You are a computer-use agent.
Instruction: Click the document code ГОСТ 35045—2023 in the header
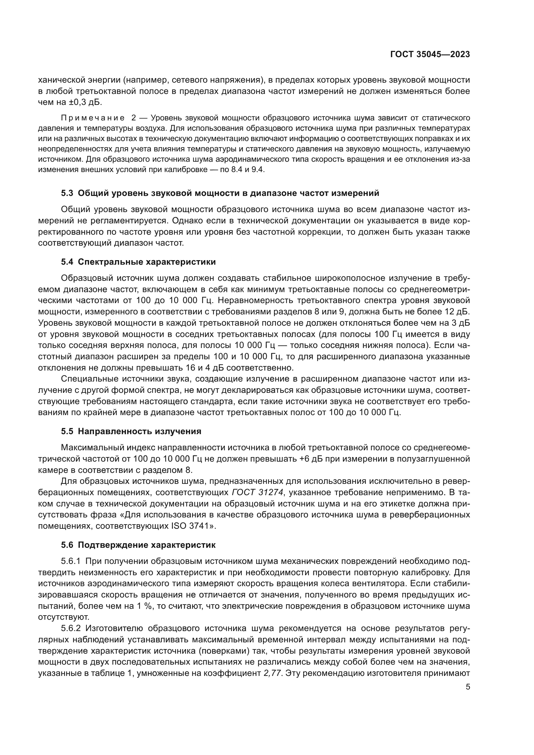click(x=430, y=55)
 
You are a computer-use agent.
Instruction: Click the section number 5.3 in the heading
click(x=67, y=193)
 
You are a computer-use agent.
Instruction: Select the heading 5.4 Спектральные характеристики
click(x=138, y=262)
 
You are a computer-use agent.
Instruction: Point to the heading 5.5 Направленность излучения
click(x=131, y=432)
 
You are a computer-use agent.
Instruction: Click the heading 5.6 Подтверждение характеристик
click(x=138, y=545)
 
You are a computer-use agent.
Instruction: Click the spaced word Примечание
click(x=93, y=118)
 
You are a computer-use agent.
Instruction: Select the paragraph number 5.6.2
click(x=71, y=629)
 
